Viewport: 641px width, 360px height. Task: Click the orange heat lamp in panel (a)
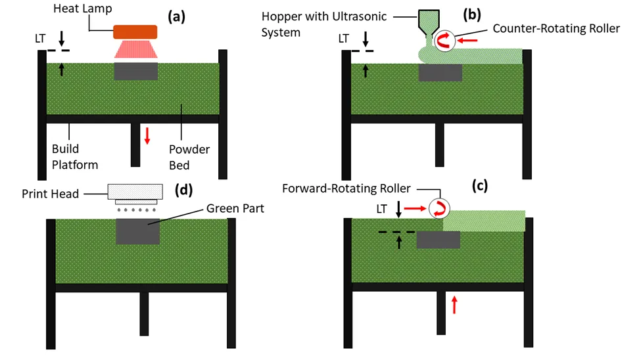coord(135,32)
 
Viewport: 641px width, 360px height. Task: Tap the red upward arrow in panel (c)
coord(454,304)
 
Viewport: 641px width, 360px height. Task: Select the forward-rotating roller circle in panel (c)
coord(438,209)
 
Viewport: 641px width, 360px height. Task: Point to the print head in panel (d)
coord(135,192)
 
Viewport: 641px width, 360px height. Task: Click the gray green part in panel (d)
coord(137,231)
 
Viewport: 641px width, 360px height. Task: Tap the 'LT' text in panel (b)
coord(344,39)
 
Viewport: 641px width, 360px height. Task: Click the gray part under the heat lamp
coord(135,72)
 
